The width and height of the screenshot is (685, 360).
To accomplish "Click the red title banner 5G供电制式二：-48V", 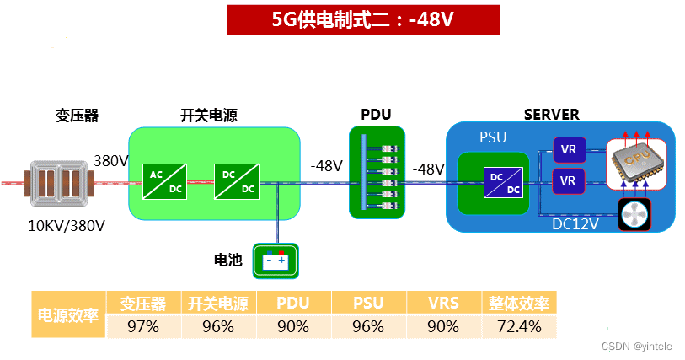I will (356, 19).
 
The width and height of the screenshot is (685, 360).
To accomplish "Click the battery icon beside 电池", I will (276, 261).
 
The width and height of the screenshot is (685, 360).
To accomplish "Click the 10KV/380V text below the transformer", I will (67, 225).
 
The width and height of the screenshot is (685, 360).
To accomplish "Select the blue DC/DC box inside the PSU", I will (502, 183).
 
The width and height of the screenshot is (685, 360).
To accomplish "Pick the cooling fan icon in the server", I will (636, 216).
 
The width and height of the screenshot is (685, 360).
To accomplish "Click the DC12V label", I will (575, 224).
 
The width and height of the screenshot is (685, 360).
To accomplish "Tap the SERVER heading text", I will (551, 115).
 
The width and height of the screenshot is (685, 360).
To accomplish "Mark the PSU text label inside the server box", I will (493, 137).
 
